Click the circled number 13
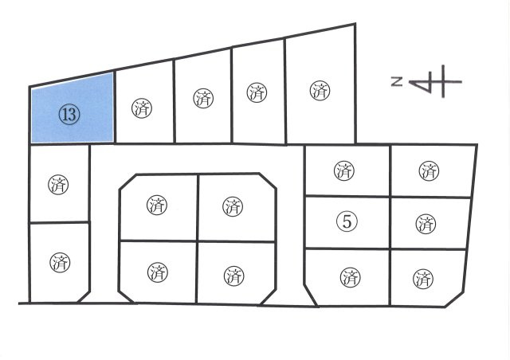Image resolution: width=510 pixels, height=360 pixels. (69, 115)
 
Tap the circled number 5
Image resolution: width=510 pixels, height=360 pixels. (347, 222)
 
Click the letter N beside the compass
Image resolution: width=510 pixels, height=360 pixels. (397, 81)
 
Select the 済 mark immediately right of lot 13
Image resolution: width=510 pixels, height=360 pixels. (142, 108)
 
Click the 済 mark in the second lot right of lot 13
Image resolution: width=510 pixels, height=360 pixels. (203, 99)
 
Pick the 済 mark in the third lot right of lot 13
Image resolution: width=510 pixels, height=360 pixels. (257, 92)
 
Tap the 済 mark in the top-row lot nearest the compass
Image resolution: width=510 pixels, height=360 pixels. (320, 91)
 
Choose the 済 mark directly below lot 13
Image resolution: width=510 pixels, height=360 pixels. (58, 185)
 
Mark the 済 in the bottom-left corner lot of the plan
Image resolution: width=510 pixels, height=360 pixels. (60, 263)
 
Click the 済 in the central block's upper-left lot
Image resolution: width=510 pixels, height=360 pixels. (157, 205)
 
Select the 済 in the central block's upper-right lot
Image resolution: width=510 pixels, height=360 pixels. (233, 206)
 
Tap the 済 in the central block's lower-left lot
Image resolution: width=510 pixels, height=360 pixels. (158, 272)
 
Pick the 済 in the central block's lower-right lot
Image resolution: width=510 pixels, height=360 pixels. (233, 276)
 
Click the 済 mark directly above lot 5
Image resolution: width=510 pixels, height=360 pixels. (343, 170)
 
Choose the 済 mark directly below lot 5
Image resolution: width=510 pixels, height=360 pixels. (350, 277)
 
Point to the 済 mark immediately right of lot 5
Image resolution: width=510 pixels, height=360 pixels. (426, 224)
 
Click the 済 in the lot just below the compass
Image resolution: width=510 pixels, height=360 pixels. (429, 170)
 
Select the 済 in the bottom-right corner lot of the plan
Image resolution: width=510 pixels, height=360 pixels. (423, 279)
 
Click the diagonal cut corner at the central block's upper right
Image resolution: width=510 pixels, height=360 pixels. (268, 181)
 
